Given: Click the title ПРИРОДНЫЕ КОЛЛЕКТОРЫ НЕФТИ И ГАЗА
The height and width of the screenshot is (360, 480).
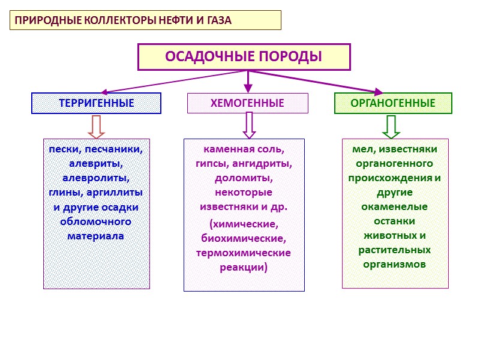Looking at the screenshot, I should click(123, 20).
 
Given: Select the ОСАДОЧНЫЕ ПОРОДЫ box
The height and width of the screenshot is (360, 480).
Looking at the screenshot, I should click(244, 57).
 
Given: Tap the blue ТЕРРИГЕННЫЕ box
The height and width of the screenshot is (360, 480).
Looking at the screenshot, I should click(96, 103).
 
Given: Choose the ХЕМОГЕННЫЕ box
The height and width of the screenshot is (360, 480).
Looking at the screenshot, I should click(247, 103).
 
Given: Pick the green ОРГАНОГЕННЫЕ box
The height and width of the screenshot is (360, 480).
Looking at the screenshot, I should click(393, 103).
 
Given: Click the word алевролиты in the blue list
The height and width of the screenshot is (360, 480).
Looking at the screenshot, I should click(96, 178).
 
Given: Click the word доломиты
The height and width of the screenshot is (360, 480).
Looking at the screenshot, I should click(244, 178).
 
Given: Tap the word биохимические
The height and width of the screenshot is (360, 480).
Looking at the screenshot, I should click(244, 238).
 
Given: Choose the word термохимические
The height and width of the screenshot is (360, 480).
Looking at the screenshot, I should click(244, 253).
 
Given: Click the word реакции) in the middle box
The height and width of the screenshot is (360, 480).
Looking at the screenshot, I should click(244, 268).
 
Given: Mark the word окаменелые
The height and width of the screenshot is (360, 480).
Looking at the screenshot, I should click(395, 206).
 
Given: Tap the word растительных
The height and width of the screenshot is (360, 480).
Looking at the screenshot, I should click(395, 250).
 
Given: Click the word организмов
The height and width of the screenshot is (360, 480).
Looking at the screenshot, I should click(395, 264).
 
